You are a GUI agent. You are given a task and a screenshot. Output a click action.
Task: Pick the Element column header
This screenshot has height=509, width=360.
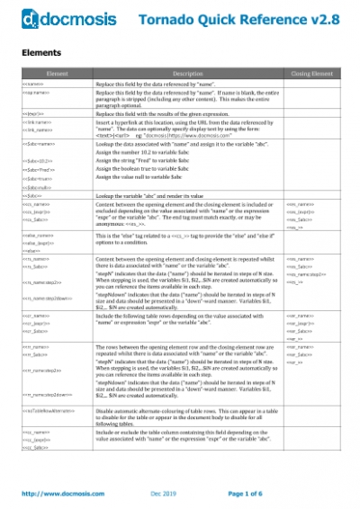click(57, 73)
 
